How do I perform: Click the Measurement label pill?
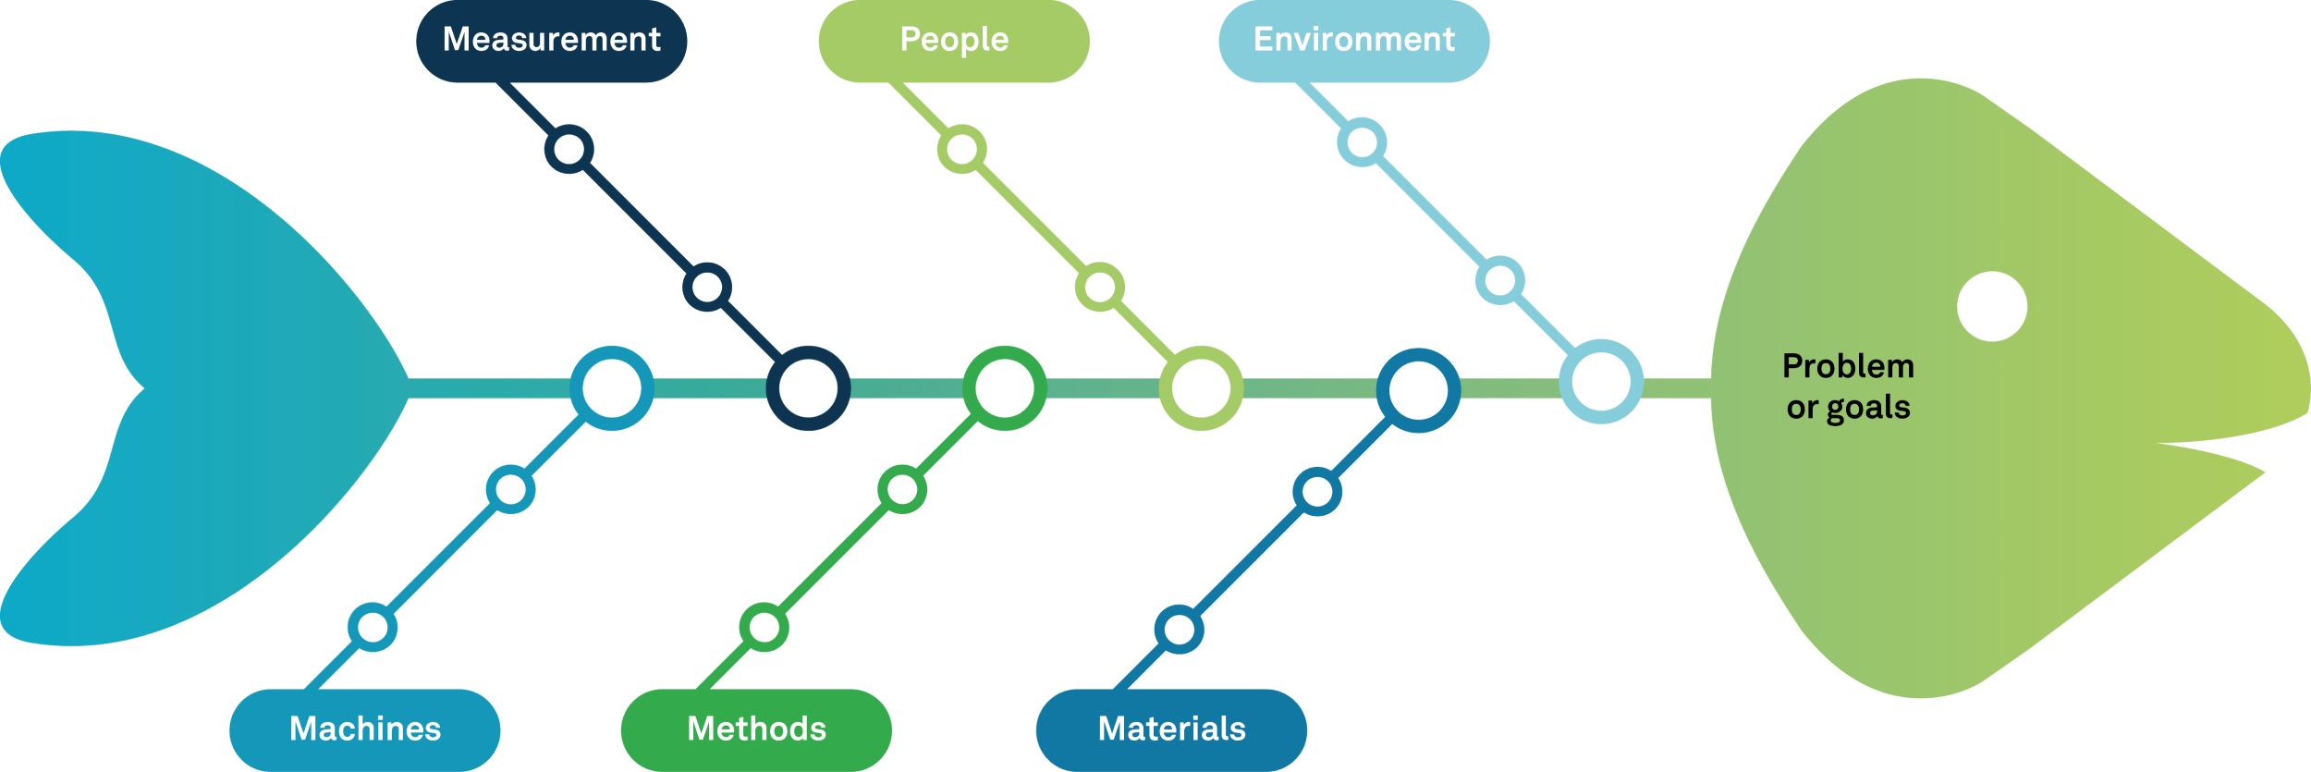point(551,41)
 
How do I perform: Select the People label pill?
point(953,41)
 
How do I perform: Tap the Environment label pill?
point(1353,41)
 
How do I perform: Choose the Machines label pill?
point(365,729)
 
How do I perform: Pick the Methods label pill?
point(756,729)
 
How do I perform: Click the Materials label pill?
point(1171,729)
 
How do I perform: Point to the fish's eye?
point(1992,306)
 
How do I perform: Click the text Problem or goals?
point(1848,386)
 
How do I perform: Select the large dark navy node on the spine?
point(808,388)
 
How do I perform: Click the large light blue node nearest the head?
point(1601,381)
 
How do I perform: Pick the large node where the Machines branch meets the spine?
point(611,388)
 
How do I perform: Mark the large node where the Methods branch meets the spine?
point(1005,388)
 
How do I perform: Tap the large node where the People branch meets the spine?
point(1201,388)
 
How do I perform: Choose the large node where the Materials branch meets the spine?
point(1418,390)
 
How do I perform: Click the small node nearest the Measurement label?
point(569,149)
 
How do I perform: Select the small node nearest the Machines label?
point(373,628)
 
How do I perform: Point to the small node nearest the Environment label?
point(1362,142)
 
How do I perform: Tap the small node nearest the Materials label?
point(1179,630)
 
